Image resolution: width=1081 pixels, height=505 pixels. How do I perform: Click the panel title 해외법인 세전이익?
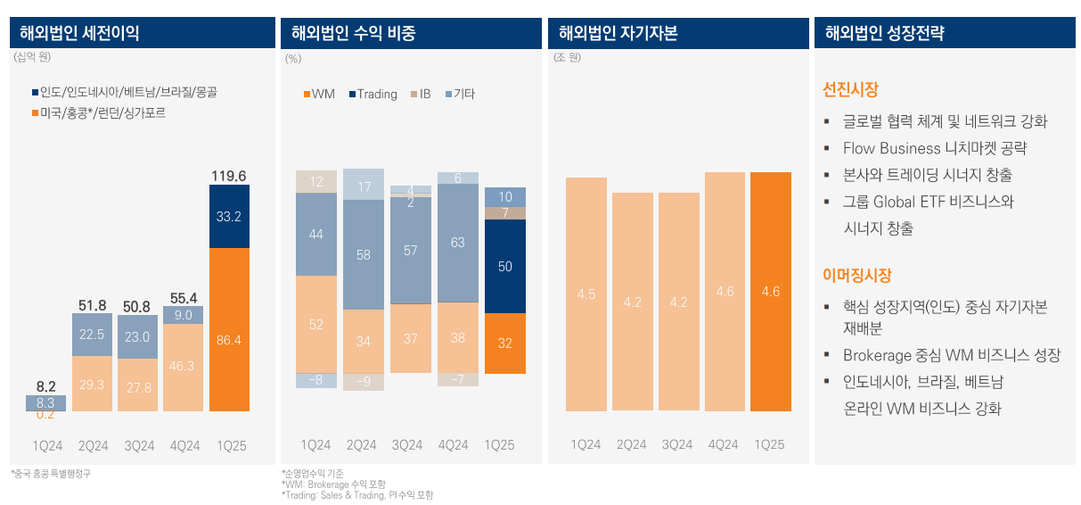(80, 34)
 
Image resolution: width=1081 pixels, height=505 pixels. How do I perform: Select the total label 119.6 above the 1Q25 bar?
(229, 176)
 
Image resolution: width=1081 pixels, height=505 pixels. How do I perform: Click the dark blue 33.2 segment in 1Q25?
(229, 216)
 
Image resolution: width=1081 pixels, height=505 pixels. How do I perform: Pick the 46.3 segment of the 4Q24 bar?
(183, 366)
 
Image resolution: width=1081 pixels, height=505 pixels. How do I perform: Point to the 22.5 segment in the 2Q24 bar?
(92, 335)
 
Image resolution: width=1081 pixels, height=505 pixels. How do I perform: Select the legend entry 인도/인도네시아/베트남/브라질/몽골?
(124, 92)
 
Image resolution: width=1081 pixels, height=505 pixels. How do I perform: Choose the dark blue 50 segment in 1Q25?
(505, 266)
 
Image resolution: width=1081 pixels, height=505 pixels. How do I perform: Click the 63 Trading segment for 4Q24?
(458, 242)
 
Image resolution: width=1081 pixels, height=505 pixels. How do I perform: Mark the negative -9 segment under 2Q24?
(364, 381)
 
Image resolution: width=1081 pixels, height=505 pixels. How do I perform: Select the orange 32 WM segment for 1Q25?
(505, 343)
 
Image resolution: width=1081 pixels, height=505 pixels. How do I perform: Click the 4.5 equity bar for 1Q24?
(586, 294)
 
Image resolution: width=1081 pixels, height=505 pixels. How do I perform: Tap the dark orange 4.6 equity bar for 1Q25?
(771, 292)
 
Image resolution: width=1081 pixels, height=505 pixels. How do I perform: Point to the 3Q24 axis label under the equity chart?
(678, 444)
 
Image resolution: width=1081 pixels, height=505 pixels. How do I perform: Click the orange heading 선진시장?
(850, 90)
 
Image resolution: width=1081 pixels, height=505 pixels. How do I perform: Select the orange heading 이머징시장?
(856, 276)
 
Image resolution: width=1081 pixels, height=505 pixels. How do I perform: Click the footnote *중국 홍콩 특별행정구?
(51, 473)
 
